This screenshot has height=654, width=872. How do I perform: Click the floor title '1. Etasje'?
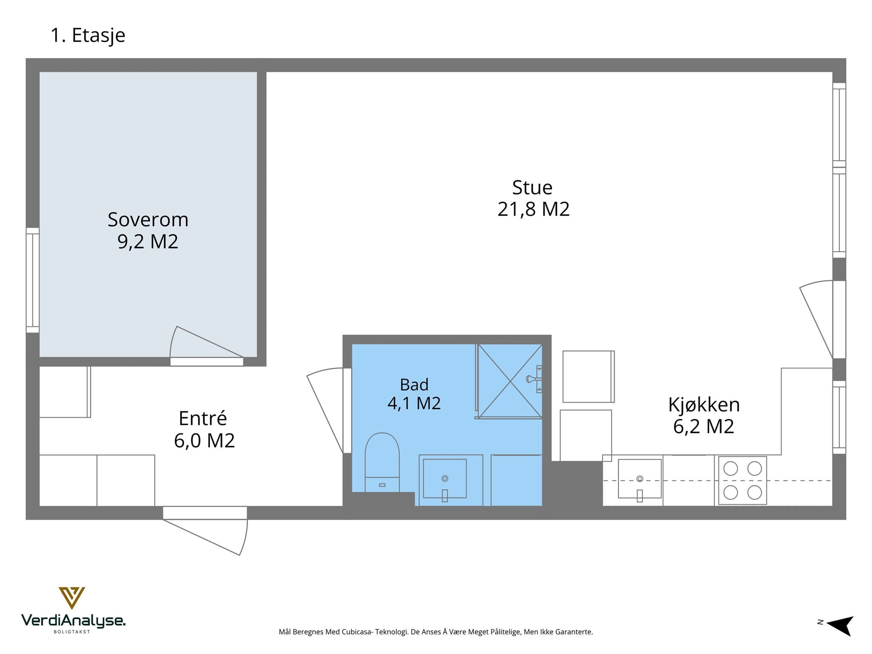tap(88, 35)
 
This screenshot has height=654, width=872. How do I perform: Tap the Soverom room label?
tap(148, 220)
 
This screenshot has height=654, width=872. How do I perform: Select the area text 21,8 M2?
tap(533, 209)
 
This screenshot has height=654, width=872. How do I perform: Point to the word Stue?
tap(532, 187)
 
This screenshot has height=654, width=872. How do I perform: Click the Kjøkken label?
tap(704, 405)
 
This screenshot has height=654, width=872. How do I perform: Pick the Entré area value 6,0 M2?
tap(204, 441)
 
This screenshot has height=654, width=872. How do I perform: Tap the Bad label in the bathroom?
tap(414, 385)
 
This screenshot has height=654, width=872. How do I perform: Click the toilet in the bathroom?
tap(382, 462)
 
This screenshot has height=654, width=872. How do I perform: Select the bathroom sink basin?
tap(445, 478)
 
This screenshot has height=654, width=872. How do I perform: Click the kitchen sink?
tap(640, 479)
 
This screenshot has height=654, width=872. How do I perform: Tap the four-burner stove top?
tap(743, 480)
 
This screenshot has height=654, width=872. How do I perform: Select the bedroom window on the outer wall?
tap(32, 280)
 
